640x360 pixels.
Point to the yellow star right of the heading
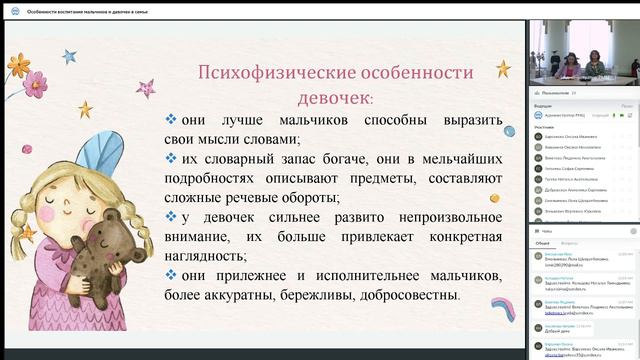coord(503,68)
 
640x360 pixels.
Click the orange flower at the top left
coord(18,66)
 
